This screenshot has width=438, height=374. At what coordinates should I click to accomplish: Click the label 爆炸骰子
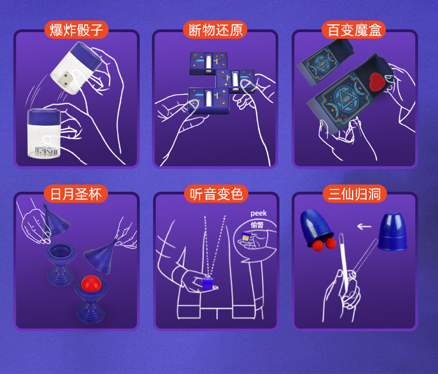coord(76,30)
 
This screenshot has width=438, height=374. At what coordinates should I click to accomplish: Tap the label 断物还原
coord(215,30)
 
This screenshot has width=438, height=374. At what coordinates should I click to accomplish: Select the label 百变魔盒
coord(354,30)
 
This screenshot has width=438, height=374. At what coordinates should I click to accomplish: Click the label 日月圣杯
coord(76,194)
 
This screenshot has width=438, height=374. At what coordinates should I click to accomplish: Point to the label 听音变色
coord(216,194)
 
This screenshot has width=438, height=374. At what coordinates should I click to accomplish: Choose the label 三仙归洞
coord(354,194)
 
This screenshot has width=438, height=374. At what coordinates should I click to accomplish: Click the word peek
coord(258,213)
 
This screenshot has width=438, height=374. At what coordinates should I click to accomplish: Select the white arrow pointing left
coord(364,226)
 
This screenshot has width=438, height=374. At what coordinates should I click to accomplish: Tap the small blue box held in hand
coord(207,284)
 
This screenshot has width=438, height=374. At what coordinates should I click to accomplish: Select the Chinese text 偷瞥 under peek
coord(257,225)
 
